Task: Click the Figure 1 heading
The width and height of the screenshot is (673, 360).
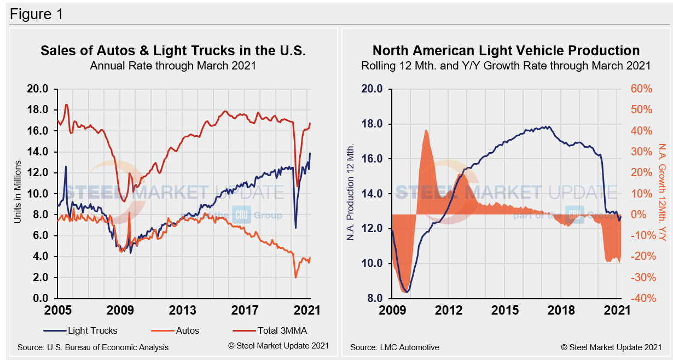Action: tap(36, 14)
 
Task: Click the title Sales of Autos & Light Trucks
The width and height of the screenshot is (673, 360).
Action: tap(173, 51)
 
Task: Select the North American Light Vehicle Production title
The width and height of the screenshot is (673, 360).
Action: tap(506, 51)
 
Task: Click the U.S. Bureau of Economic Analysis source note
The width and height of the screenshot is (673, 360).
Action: tap(93, 347)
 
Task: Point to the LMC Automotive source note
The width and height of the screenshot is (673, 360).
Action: tap(394, 347)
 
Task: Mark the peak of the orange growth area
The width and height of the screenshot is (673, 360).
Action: tap(425, 130)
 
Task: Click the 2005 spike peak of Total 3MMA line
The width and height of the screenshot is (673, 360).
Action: tap(66, 104)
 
